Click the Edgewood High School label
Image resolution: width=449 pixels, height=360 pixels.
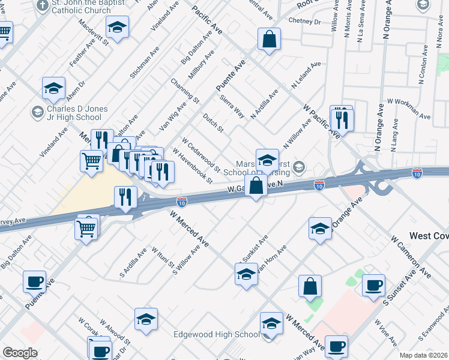coord(216,334)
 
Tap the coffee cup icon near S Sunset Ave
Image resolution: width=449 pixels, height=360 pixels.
coord(373,285)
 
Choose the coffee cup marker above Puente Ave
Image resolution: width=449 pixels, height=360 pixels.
coord(34,281)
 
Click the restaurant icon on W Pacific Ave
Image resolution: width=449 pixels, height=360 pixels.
coord(342,119)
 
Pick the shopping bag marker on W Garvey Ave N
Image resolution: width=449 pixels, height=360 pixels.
coord(256,185)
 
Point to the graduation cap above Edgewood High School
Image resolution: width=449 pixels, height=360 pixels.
coord(271,323)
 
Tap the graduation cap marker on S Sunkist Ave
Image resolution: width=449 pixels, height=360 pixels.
coord(246,274)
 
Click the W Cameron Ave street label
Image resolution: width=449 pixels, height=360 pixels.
coord(411,257)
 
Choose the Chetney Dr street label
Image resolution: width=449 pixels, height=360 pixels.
coord(304,22)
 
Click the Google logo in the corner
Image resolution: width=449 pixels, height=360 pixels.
coord(20,353)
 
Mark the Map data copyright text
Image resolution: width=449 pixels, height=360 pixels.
coord(423,355)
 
